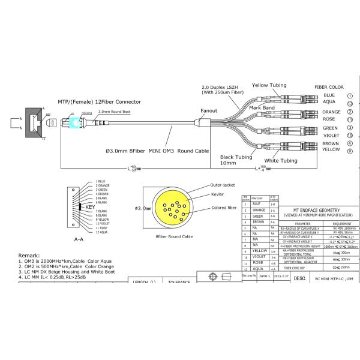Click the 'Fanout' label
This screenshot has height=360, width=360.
pyautogui.click(x=209, y=111)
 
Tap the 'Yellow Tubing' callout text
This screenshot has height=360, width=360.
pyautogui.click(x=269, y=85)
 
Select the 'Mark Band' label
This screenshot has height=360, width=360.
pyautogui.click(x=262, y=108)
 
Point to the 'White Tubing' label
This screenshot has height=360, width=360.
pyautogui.click(x=280, y=161)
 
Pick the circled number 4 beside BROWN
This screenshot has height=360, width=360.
pyautogui.click(x=350, y=144)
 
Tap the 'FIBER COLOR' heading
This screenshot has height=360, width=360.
pyautogui.click(x=329, y=87)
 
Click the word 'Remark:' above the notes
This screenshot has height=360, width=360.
pyautogui.click(x=30, y=255)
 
